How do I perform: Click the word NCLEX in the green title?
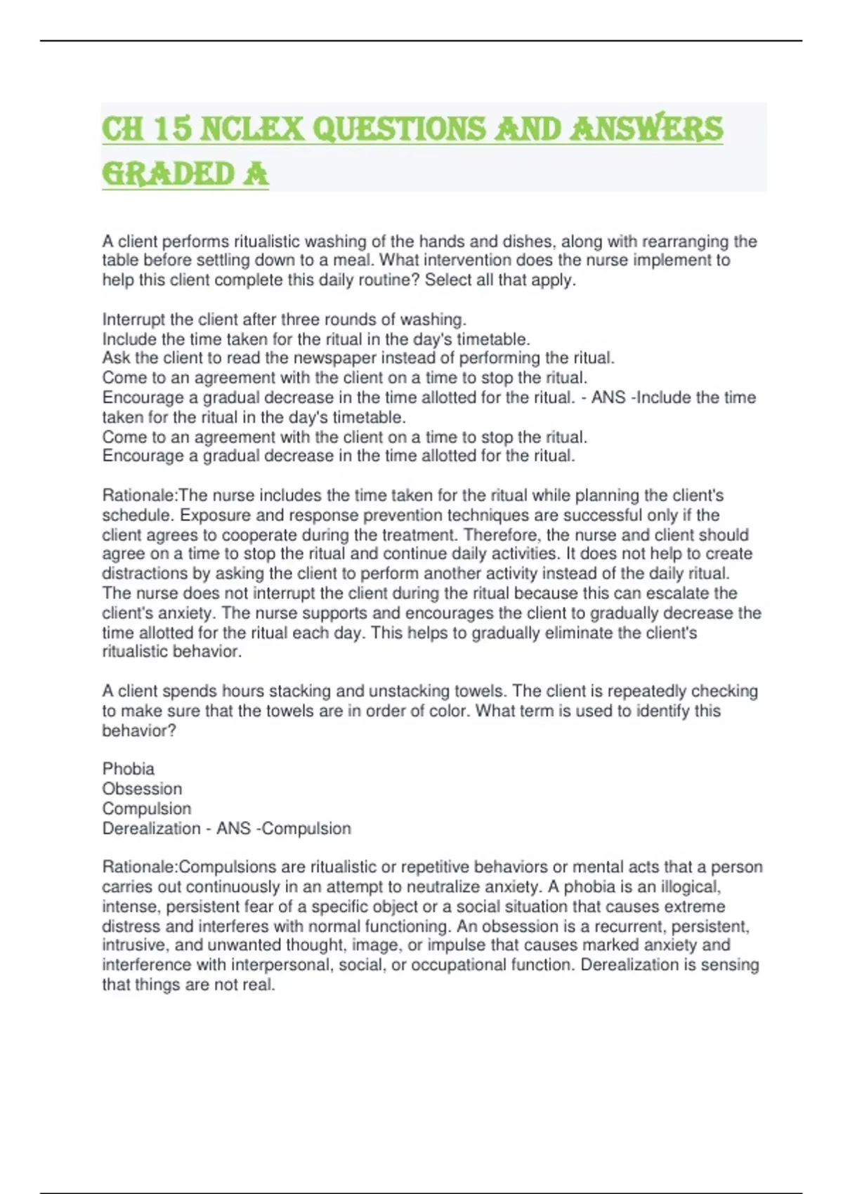click(251, 129)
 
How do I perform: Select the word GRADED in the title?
click(168, 174)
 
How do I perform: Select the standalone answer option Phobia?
click(129, 768)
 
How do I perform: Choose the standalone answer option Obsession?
click(142, 789)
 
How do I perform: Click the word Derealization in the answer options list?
click(151, 829)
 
